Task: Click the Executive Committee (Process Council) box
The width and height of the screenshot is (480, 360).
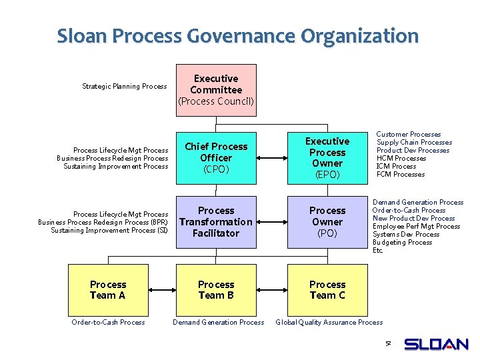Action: coord(216,90)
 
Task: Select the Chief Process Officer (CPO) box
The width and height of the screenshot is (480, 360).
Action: coord(216,158)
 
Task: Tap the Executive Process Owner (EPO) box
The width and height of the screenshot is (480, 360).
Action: coord(327,158)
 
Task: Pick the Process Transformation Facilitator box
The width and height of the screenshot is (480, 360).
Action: coord(216,222)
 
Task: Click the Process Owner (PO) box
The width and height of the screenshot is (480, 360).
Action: coord(327,222)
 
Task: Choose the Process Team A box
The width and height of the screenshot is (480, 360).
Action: coord(108,290)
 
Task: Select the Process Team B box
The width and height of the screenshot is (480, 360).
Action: coord(216,290)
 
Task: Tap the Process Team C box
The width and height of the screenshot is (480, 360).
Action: coord(327,290)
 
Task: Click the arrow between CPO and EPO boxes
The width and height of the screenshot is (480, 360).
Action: coord(271,159)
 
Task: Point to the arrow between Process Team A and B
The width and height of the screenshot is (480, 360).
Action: coord(161,290)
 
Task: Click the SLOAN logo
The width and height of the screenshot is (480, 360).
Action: coord(436,344)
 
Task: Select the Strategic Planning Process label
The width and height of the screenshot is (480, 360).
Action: coord(124,86)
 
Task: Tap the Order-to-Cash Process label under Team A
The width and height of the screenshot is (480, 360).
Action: coord(108,323)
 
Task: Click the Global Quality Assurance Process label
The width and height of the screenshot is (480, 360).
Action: coord(329,323)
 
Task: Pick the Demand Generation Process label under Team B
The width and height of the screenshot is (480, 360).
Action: coord(218,323)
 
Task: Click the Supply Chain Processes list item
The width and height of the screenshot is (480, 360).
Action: coord(414,142)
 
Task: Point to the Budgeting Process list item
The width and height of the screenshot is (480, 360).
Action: coord(402,242)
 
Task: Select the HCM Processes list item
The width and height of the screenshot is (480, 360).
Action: coord(401,158)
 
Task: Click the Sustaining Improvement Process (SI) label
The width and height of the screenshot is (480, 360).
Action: coord(109,230)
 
